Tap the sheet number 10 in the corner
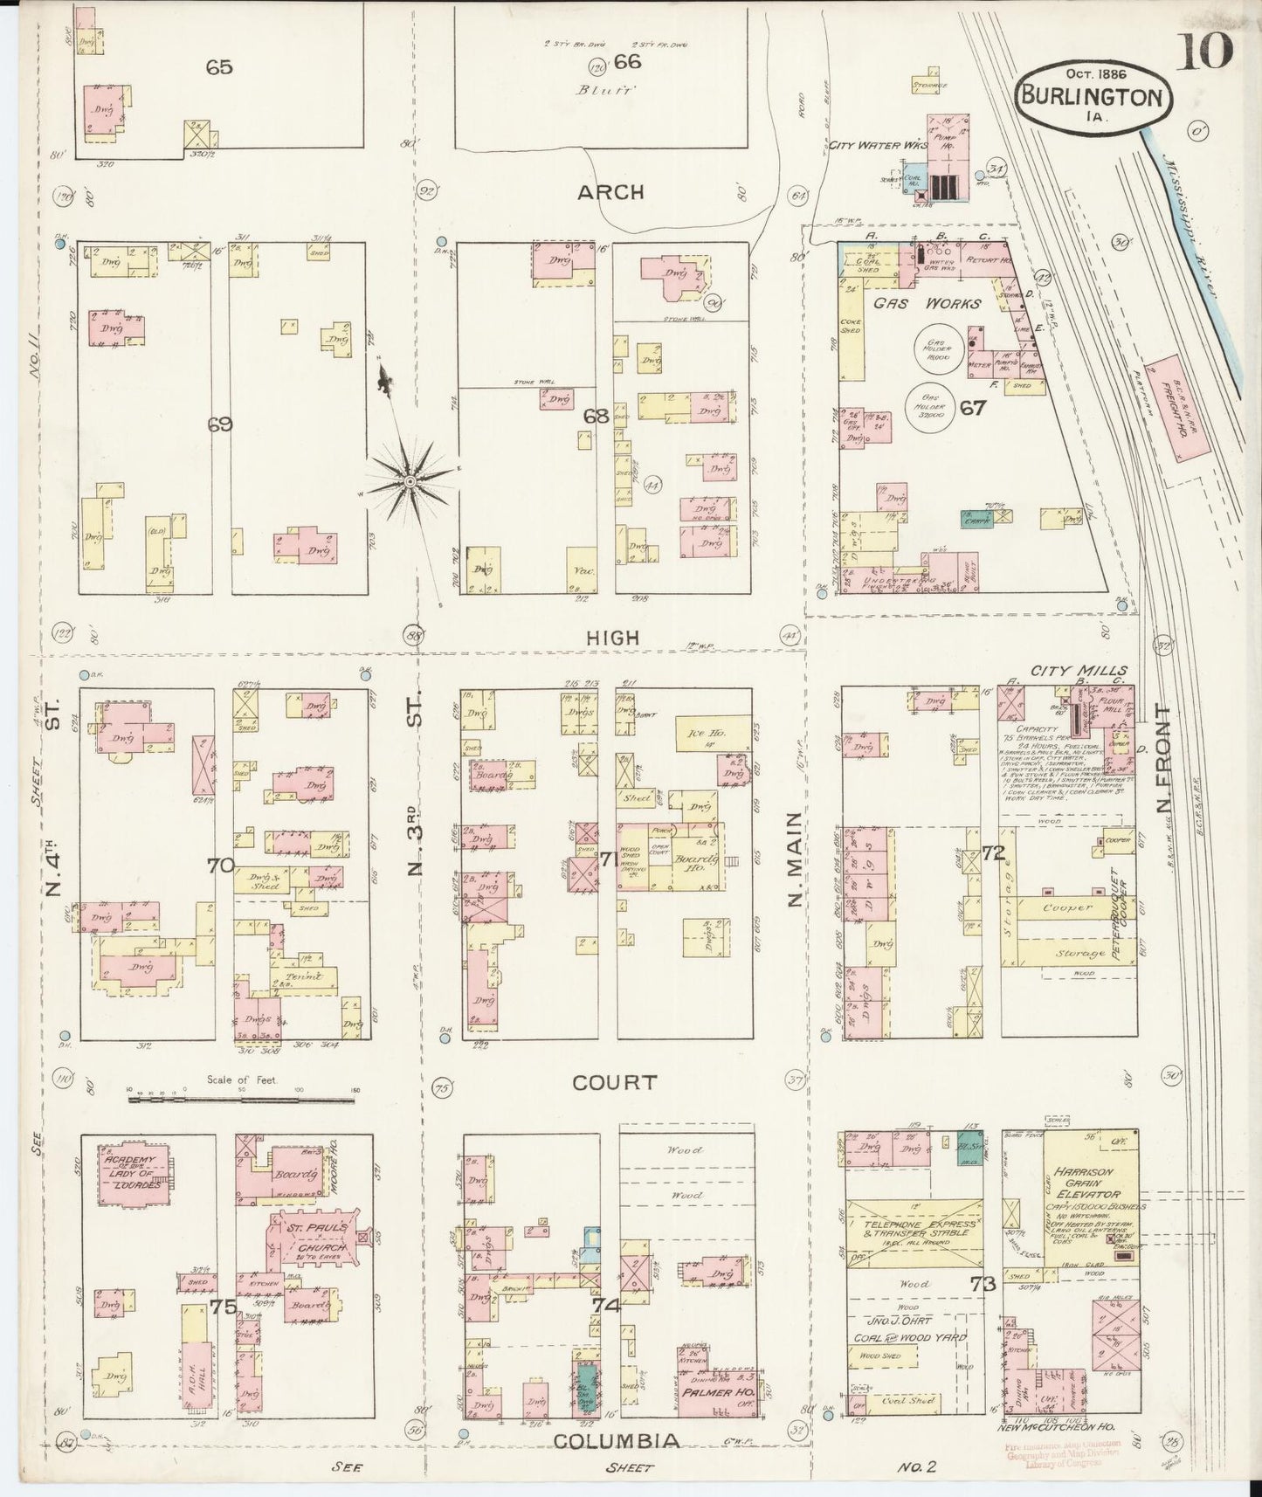1206,50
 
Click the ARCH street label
610,192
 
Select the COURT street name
614,1082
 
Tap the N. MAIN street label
795,859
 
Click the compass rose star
409,481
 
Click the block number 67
971,408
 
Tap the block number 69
220,424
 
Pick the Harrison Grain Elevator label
1086,1183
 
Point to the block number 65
219,67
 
